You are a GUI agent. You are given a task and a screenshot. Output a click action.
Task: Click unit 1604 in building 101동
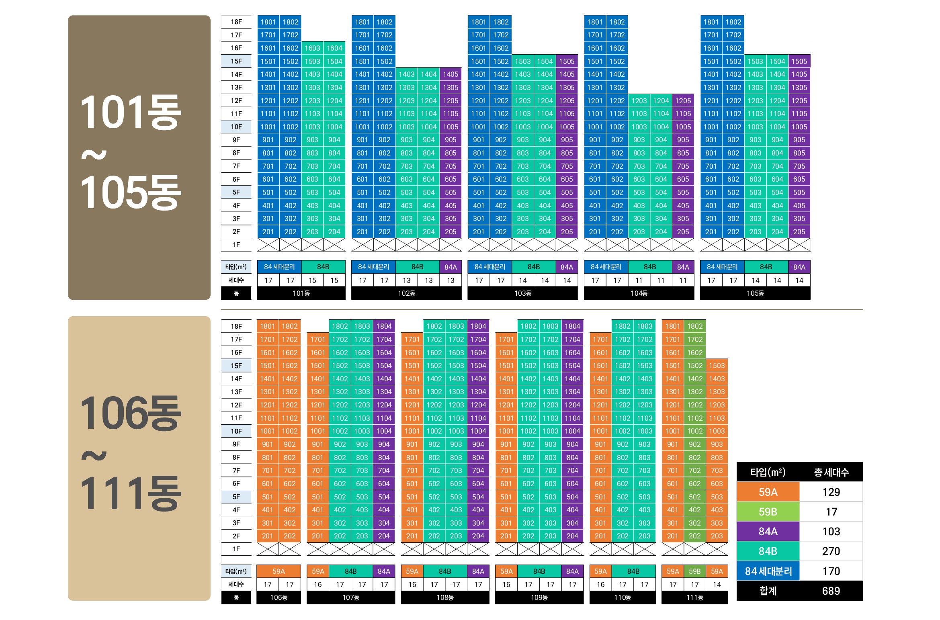pyautogui.click(x=334, y=48)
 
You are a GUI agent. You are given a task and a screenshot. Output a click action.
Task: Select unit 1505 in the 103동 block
pyautogui.click(x=567, y=61)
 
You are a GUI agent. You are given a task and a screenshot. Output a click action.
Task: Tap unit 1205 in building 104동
pyautogui.click(x=683, y=101)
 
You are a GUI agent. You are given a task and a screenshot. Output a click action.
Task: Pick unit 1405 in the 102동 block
pyautogui.click(x=451, y=74)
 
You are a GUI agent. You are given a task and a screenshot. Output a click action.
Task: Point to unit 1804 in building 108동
pyautogui.click(x=478, y=326)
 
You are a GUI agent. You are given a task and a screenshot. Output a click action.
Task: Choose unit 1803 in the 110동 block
pyautogui.click(x=645, y=326)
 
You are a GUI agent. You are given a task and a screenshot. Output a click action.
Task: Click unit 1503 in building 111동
pyautogui.click(x=717, y=366)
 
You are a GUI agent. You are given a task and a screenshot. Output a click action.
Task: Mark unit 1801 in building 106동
pyautogui.click(x=268, y=326)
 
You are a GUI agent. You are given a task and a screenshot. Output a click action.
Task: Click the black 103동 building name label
pyautogui.click(x=522, y=293)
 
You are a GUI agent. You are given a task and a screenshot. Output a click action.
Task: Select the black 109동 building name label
pyautogui.click(x=539, y=597)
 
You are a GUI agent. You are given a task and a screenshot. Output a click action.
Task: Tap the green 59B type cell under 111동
pyautogui.click(x=694, y=571)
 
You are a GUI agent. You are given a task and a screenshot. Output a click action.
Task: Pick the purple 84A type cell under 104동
pyautogui.click(x=683, y=267)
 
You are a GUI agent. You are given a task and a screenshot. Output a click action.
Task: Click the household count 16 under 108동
pyautogui.click(x=412, y=585)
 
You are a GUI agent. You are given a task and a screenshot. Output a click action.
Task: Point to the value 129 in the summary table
pyautogui.click(x=831, y=492)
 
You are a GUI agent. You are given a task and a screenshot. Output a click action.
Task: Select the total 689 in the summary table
pyautogui.click(x=831, y=591)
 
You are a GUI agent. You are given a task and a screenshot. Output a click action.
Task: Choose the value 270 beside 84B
pyautogui.click(x=831, y=551)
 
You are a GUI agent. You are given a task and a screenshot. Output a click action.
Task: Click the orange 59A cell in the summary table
pyautogui.click(x=768, y=492)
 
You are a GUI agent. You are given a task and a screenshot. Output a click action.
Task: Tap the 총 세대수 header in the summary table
pyautogui.click(x=831, y=473)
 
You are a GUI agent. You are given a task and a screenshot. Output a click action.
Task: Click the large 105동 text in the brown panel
pyautogui.click(x=131, y=193)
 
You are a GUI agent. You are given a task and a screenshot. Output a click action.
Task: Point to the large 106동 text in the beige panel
pyautogui.click(x=131, y=413)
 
